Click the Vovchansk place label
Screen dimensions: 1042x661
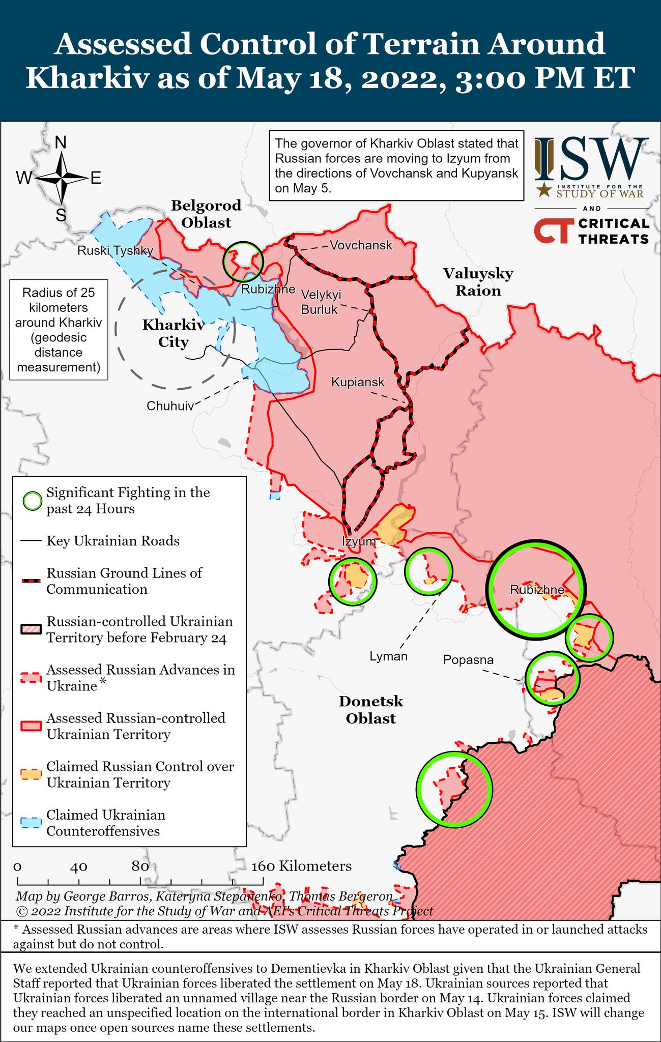click(x=361, y=246)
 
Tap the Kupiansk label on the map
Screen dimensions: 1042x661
click(x=358, y=382)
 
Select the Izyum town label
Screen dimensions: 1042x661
click(x=358, y=541)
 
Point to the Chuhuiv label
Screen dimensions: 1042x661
click(x=170, y=406)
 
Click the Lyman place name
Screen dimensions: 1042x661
click(x=388, y=656)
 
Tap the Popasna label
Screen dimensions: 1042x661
click(x=468, y=660)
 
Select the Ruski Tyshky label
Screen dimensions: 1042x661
click(x=115, y=250)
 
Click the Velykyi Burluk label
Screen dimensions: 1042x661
click(x=321, y=302)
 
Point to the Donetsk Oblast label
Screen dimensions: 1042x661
click(x=371, y=710)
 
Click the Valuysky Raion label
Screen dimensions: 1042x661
click(x=478, y=282)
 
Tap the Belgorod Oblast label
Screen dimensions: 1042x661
click(x=206, y=214)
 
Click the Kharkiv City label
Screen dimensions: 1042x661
click(x=173, y=333)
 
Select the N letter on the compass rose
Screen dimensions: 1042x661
click(x=61, y=142)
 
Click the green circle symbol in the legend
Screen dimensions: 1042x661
click(x=33, y=501)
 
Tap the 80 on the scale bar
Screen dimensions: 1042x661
click(x=140, y=866)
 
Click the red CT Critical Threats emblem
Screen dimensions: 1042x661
click(x=552, y=231)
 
